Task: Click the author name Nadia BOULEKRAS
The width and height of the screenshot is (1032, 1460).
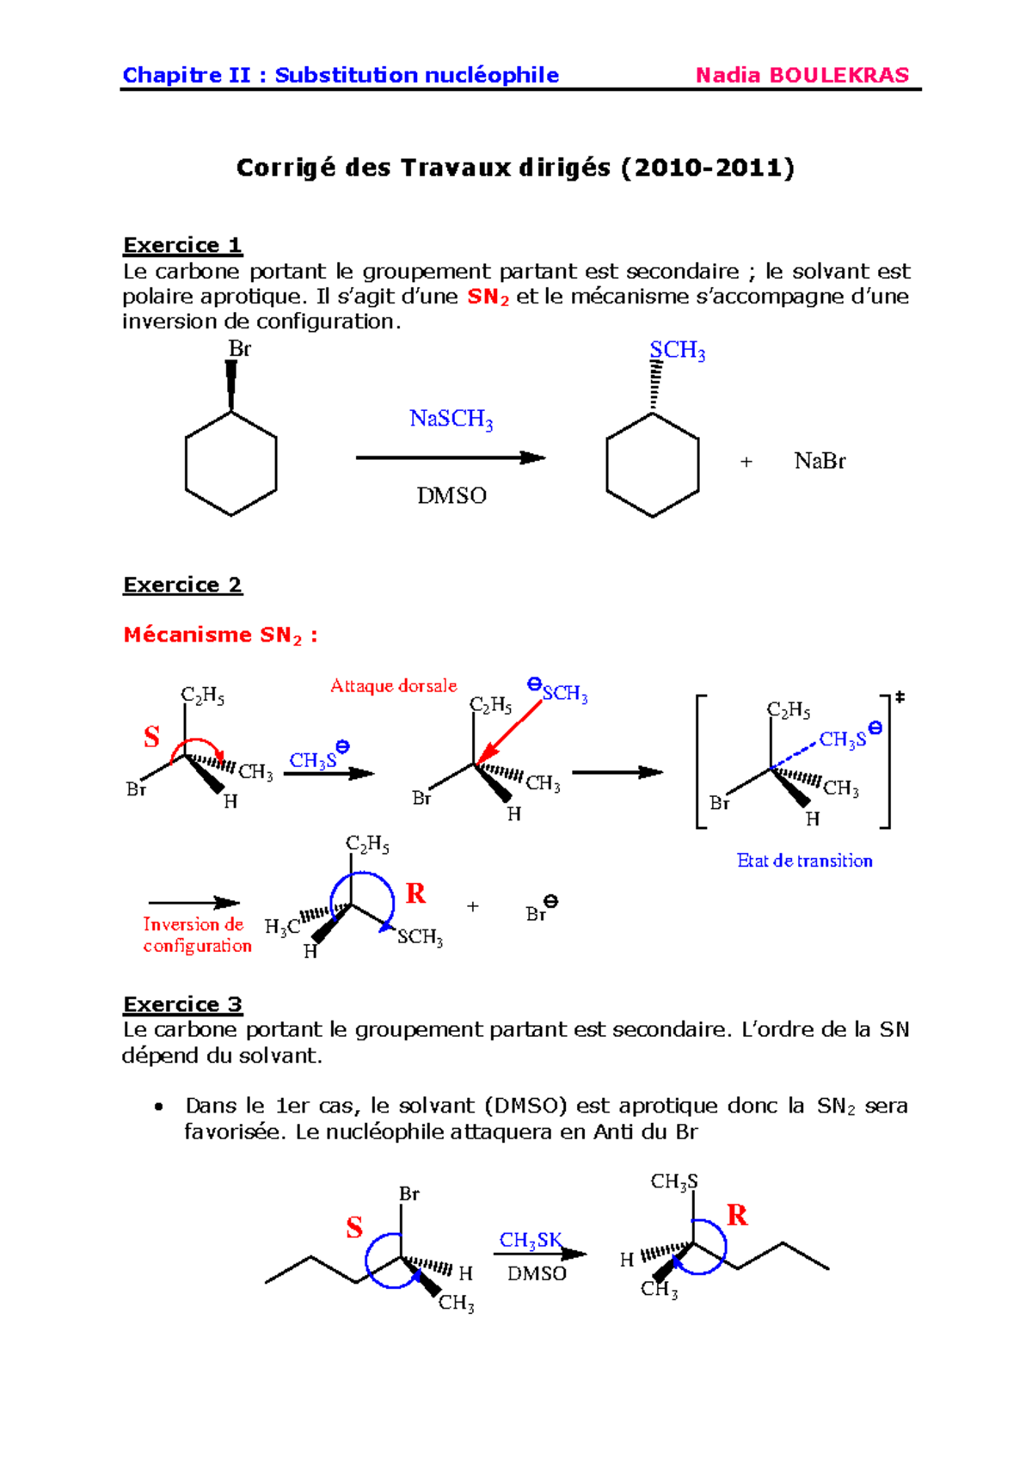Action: coord(802,75)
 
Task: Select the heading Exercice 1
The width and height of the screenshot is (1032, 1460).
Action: coord(182,245)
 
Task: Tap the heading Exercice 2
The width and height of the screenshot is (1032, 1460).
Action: coord(182,585)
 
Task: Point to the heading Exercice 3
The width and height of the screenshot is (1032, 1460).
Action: coord(182,1004)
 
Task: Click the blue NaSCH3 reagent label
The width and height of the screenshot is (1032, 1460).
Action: coord(451,420)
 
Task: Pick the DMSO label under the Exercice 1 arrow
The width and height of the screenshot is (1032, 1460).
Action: coord(451,496)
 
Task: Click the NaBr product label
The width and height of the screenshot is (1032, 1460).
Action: coord(820,462)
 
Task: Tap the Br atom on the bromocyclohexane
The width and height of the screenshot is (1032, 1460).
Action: coord(239,349)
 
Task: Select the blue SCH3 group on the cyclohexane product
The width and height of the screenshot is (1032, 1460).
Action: coord(677,351)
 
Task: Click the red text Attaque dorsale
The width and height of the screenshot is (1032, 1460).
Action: coord(393,686)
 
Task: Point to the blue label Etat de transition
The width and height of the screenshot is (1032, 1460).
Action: coord(804,861)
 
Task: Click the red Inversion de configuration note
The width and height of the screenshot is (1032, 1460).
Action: coord(197,935)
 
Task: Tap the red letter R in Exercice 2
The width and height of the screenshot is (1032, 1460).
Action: coord(415,893)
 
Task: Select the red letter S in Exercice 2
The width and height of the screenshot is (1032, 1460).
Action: coord(151,737)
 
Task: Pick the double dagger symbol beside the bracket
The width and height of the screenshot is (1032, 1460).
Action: coord(900,697)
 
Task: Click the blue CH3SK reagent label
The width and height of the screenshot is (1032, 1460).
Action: coord(531,1241)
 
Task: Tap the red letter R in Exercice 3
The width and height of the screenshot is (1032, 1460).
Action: coord(736,1215)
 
